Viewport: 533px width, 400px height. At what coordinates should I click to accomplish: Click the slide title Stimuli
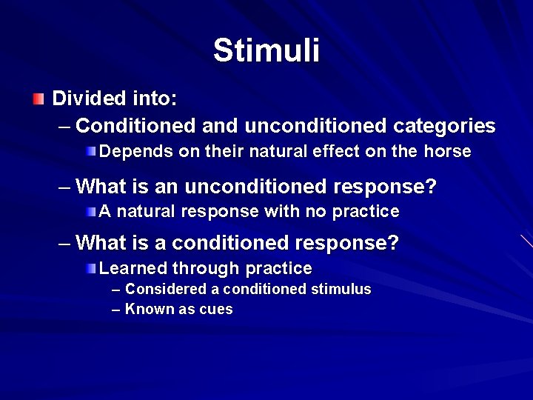(x=266, y=51)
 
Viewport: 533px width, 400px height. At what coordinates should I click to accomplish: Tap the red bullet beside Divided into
(x=38, y=99)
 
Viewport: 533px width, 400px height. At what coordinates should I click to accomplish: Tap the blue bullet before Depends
(x=90, y=152)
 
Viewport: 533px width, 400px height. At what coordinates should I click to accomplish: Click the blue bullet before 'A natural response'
(x=90, y=212)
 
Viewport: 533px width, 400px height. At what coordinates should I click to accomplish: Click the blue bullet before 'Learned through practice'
(x=90, y=268)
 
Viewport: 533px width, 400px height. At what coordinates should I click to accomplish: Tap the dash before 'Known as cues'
(x=115, y=310)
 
